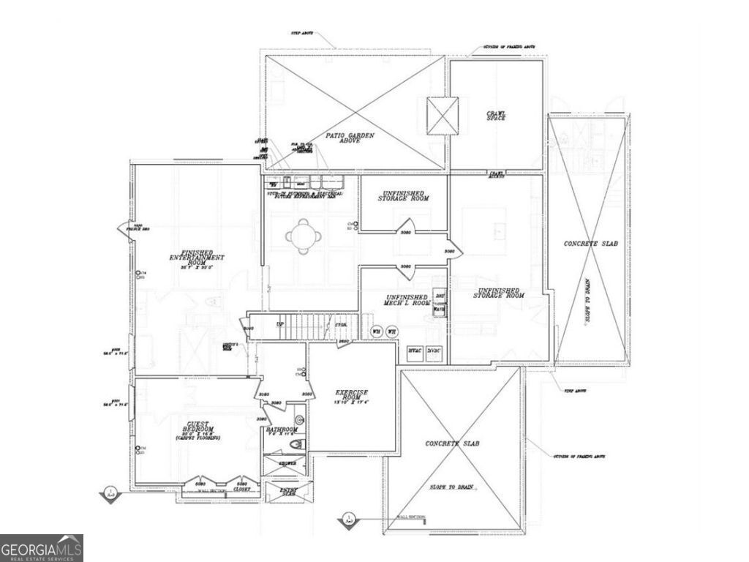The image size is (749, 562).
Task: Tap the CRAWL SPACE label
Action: pos(497,116)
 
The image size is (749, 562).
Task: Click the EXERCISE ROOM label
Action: pos(351,396)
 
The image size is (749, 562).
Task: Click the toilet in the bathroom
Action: pos(296,444)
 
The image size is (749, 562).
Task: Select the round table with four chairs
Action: pos(302,236)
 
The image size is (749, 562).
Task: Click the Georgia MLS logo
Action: pos(42,548)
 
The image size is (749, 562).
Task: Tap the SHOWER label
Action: pos(287,463)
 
